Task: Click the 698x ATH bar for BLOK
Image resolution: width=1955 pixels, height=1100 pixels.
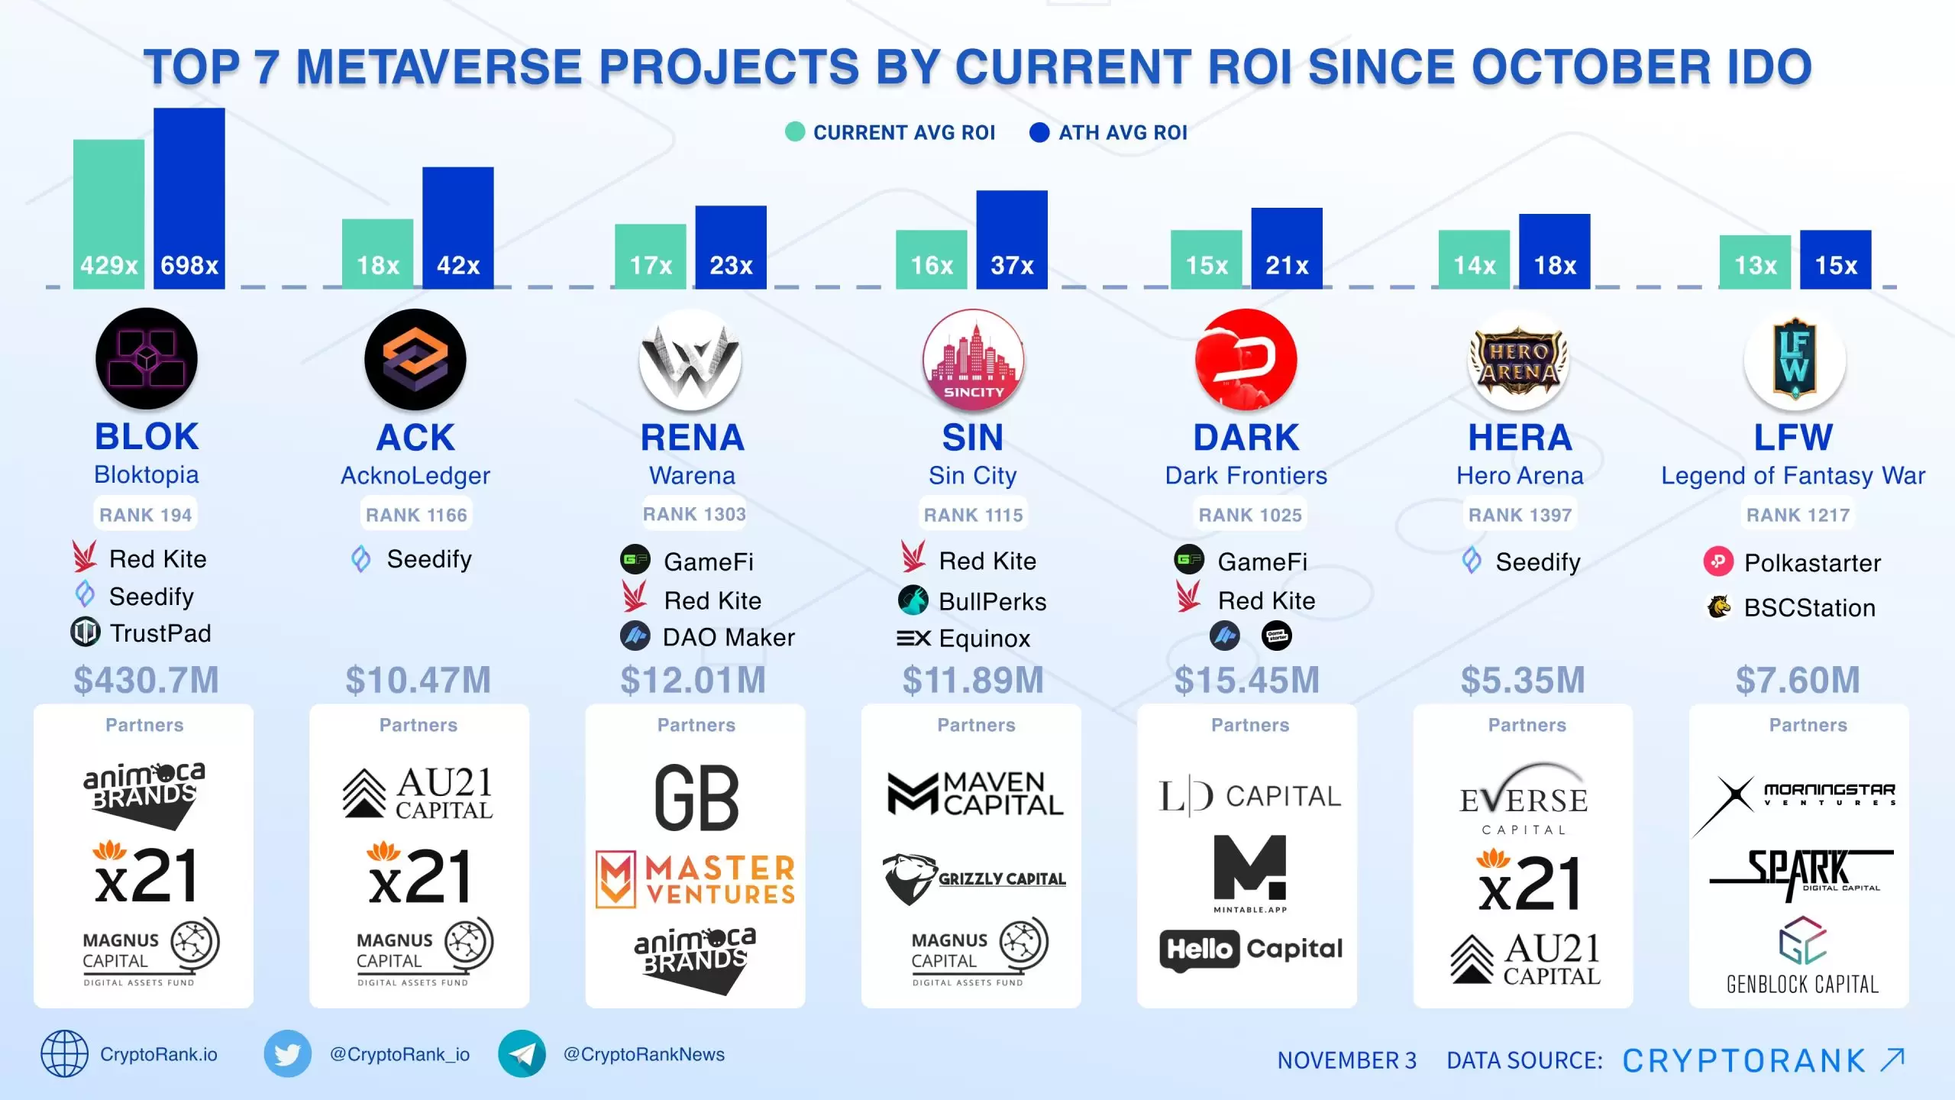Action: click(189, 198)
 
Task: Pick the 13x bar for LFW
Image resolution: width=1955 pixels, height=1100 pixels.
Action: click(1754, 261)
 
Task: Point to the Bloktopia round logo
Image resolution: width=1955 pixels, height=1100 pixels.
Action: click(147, 358)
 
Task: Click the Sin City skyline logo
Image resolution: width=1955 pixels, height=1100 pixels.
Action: click(973, 360)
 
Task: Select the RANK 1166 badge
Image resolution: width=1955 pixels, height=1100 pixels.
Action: click(416, 515)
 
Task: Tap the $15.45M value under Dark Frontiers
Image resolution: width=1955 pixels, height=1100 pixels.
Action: click(1246, 680)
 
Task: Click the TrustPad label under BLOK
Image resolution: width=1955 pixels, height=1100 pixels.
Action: click(160, 633)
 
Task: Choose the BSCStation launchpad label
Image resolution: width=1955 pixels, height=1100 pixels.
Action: click(1808, 608)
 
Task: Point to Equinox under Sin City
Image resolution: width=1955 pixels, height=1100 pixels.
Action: click(984, 639)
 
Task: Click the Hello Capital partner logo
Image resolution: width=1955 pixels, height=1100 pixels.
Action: click(1251, 950)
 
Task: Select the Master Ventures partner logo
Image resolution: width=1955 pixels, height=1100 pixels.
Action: click(696, 880)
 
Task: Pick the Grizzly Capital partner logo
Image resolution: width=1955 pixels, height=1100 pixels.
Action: click(974, 878)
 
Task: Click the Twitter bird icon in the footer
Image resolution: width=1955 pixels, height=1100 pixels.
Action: click(287, 1054)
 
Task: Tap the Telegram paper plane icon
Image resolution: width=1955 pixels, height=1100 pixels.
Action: click(522, 1054)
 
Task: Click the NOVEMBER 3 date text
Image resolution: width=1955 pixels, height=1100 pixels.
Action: click(1346, 1060)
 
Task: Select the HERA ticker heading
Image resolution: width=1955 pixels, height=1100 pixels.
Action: click(1520, 438)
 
